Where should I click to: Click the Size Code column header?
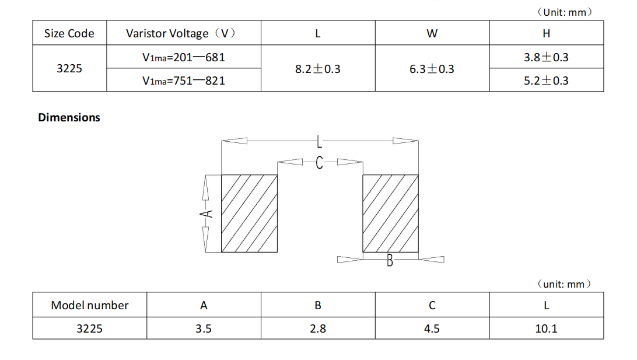click(x=69, y=33)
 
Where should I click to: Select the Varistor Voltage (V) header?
click(x=181, y=33)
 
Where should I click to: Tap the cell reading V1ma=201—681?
click(x=183, y=57)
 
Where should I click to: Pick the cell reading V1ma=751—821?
click(x=183, y=81)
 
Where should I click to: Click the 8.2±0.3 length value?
click(x=317, y=69)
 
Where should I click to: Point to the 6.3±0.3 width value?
click(x=432, y=69)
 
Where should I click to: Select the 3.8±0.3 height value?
click(x=546, y=57)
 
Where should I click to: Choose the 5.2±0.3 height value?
click(x=546, y=81)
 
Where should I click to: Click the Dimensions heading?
click(x=69, y=117)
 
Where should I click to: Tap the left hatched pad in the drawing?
click(x=249, y=213)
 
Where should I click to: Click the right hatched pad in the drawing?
click(x=390, y=213)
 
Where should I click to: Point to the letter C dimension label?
click(x=319, y=163)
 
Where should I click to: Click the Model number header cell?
click(x=89, y=305)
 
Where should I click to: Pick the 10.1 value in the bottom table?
click(x=546, y=328)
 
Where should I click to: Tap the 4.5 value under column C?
click(x=432, y=328)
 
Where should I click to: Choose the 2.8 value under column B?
click(x=318, y=328)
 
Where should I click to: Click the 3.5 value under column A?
click(x=204, y=328)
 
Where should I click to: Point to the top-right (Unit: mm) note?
click(x=563, y=12)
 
